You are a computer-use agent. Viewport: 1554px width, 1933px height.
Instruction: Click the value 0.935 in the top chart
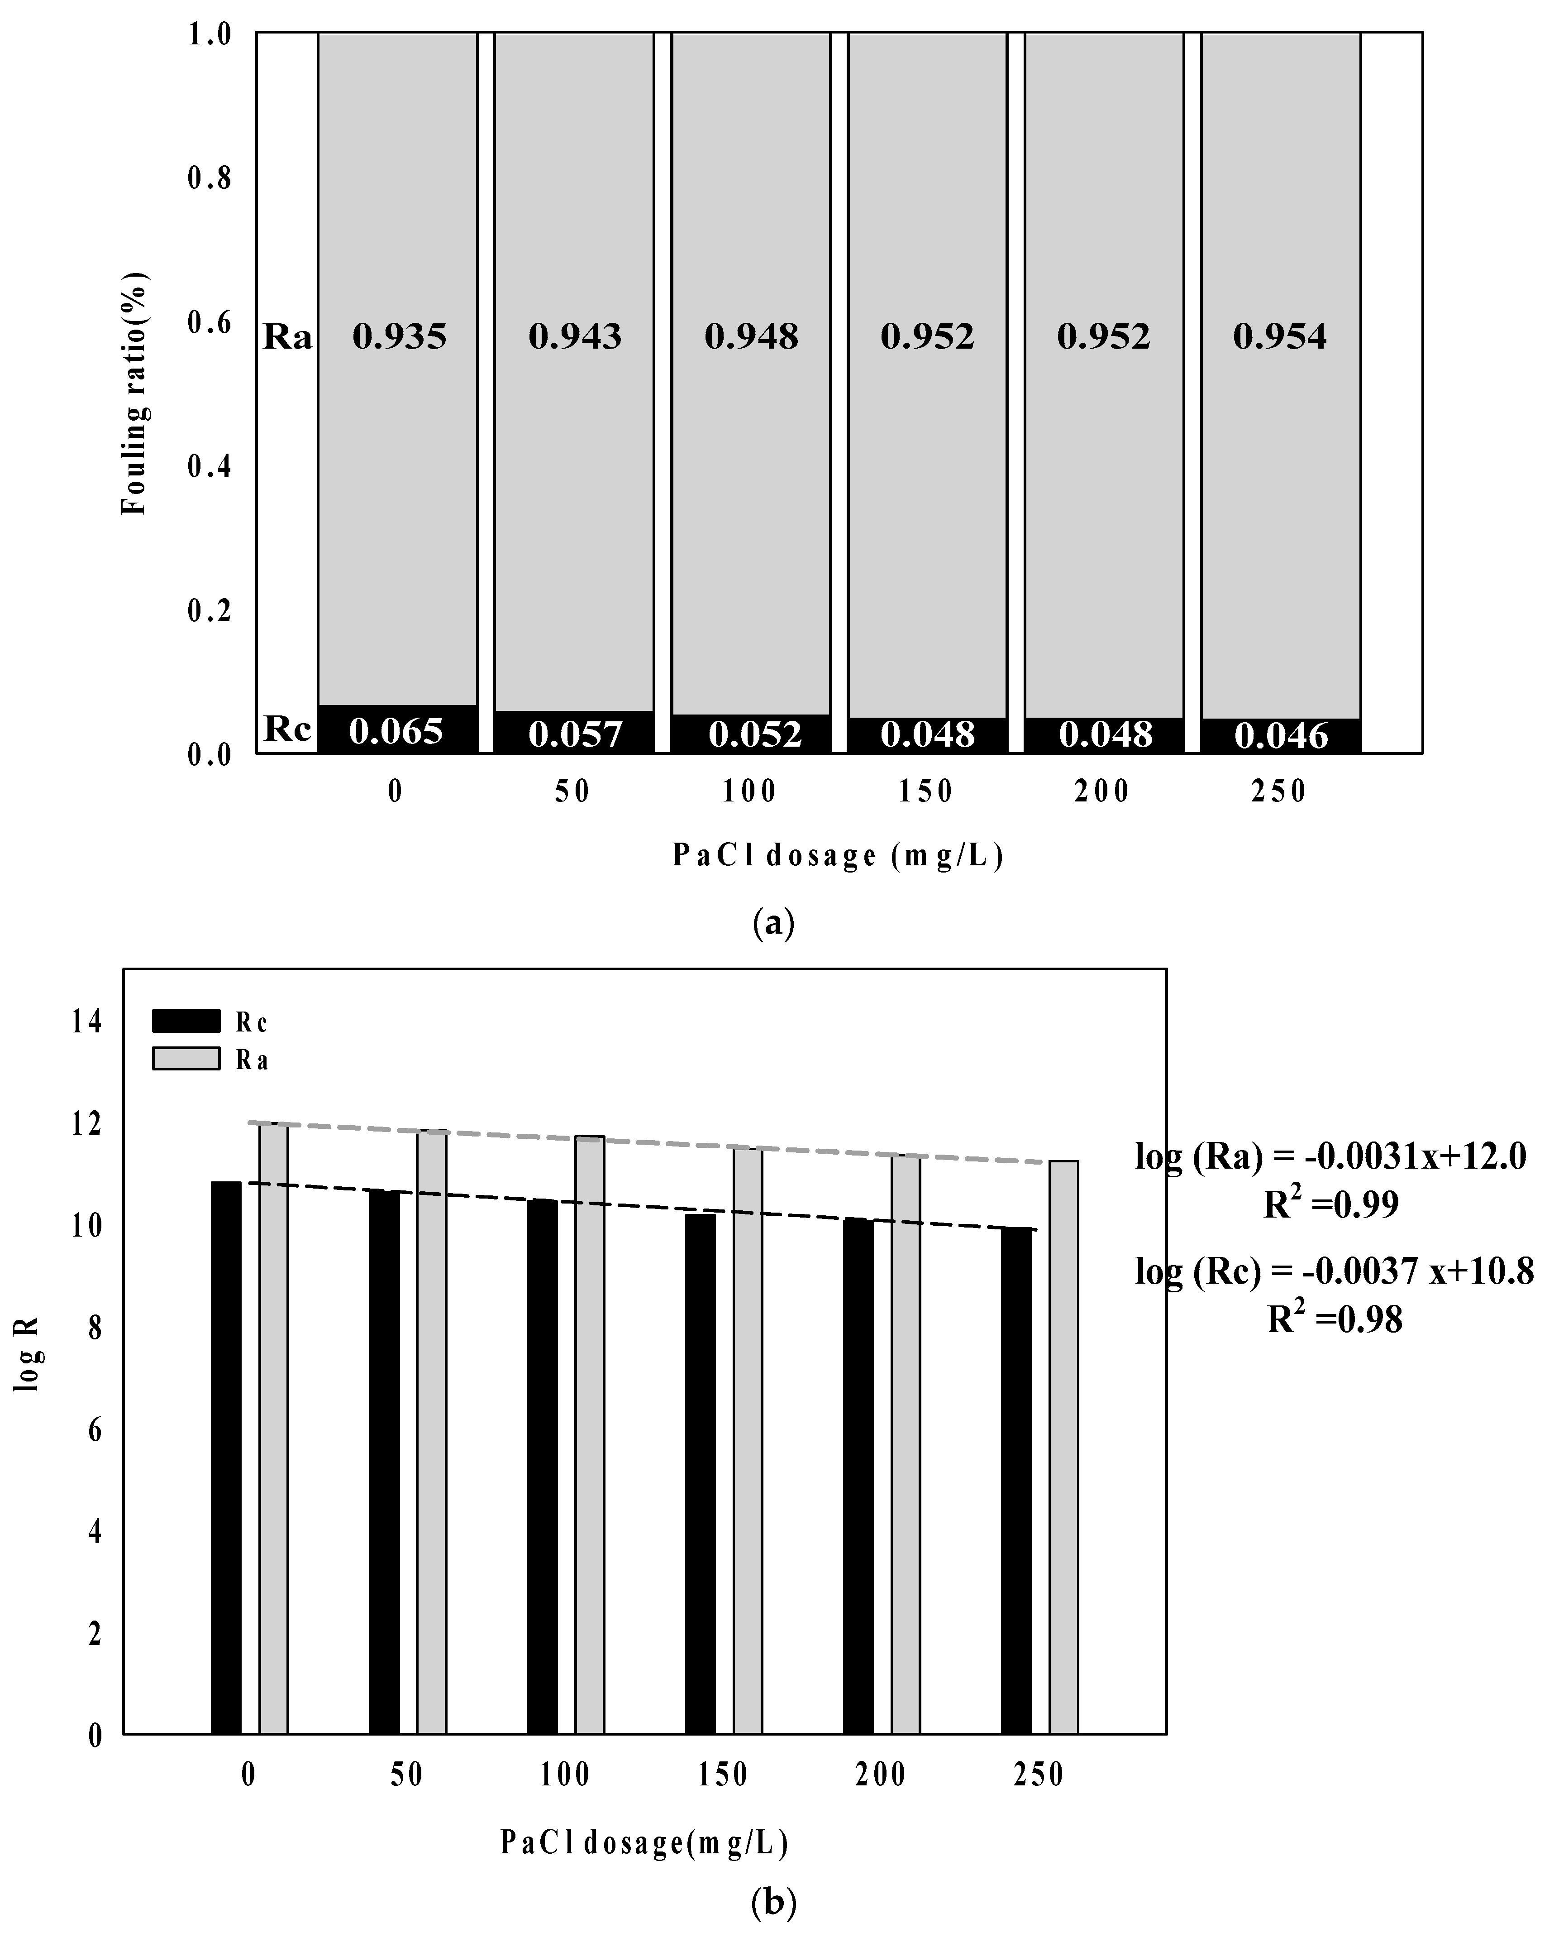[399, 337]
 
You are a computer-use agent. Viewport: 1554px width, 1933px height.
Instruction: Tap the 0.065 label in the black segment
[396, 732]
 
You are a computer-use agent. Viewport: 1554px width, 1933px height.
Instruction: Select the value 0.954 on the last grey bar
[1280, 337]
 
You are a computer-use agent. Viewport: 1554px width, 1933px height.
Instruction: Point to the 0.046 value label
[1281, 736]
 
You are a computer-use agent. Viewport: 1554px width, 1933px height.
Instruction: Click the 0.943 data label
[574, 337]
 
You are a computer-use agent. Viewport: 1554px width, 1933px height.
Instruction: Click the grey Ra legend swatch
[186, 1059]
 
